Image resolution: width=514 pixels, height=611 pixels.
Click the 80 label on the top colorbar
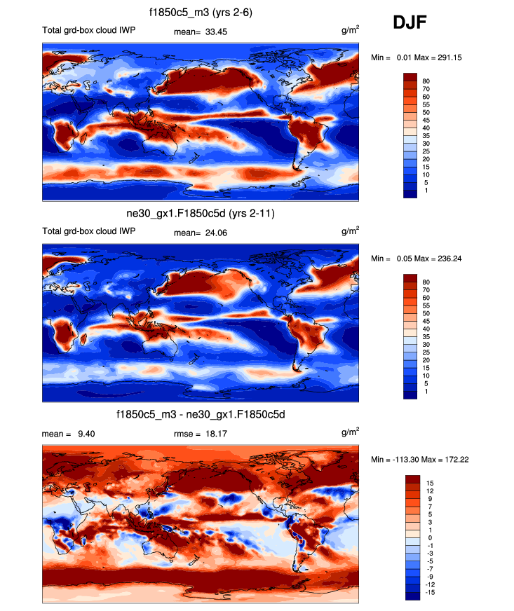tap(426, 81)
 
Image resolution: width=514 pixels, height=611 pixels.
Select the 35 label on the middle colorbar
tap(426, 336)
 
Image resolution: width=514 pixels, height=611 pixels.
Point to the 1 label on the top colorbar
tap(426, 191)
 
